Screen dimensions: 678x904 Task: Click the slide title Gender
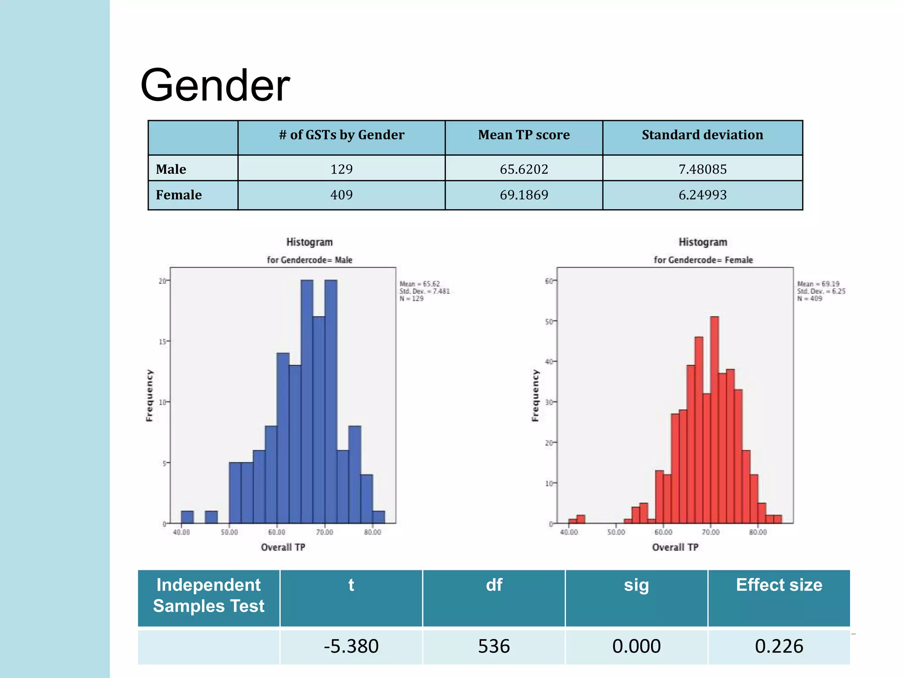[215, 85]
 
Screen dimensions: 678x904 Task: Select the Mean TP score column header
[524, 135]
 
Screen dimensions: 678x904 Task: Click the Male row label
[171, 169]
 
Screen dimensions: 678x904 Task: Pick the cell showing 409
[341, 195]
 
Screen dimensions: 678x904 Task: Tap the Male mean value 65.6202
[524, 169]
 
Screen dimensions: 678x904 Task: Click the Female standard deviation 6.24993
[702, 195]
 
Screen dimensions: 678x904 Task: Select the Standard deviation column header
[702, 135]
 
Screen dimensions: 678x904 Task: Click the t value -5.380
[351, 646]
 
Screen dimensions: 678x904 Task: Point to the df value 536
[493, 646]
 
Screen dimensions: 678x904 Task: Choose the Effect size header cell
[779, 585]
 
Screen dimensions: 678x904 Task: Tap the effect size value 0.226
[779, 646]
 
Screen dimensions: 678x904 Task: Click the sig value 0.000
[636, 646]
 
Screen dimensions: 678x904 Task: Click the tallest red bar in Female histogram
[714, 419]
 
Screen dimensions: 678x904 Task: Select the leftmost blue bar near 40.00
[187, 517]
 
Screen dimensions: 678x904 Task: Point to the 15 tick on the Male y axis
[162, 342]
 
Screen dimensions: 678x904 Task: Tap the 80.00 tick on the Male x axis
[372, 532]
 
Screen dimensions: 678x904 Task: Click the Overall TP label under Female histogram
[675, 547]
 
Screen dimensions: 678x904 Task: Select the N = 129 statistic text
[411, 299]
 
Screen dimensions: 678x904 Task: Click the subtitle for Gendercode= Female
[703, 260]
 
